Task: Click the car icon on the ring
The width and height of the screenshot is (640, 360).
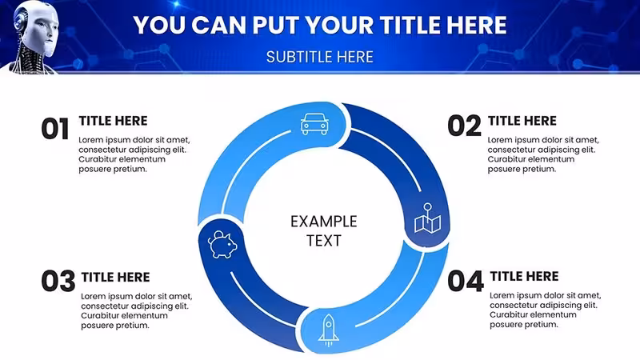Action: click(314, 124)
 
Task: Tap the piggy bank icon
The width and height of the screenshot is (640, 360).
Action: click(222, 244)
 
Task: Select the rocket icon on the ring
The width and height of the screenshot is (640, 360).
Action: click(329, 330)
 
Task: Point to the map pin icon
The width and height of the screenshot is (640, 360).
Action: click(428, 218)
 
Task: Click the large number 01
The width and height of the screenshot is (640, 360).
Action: click(55, 129)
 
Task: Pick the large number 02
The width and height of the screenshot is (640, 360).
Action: click(465, 126)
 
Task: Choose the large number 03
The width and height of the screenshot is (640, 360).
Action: click(58, 281)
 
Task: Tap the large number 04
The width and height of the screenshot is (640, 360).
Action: click(466, 282)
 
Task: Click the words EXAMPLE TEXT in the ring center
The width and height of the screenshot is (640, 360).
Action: click(324, 230)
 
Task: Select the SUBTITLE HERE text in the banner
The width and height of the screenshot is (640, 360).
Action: click(319, 57)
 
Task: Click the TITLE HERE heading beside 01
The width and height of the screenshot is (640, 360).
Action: click(113, 121)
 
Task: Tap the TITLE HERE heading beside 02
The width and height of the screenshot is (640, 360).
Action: click(522, 121)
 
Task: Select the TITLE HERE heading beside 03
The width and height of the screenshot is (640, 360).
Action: click(115, 277)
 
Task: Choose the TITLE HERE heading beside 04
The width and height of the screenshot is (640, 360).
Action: click(524, 276)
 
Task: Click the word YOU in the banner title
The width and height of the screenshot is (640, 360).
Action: click(159, 25)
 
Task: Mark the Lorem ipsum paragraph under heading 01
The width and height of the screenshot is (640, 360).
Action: click(134, 154)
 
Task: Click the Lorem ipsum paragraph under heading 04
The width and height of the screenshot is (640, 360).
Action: click(546, 310)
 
